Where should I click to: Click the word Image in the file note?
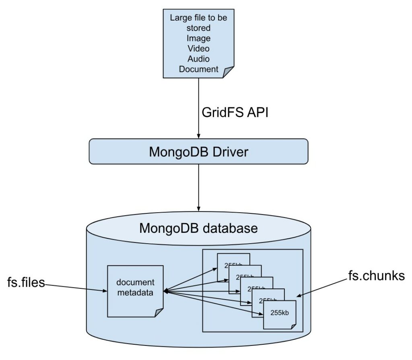point(198,38)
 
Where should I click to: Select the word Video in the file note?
point(198,48)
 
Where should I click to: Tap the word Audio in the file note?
point(198,59)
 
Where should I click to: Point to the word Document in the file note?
point(198,69)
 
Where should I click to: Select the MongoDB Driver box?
point(198,151)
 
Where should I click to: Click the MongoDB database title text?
point(198,228)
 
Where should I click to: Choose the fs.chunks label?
point(376,277)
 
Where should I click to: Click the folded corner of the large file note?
point(229,72)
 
